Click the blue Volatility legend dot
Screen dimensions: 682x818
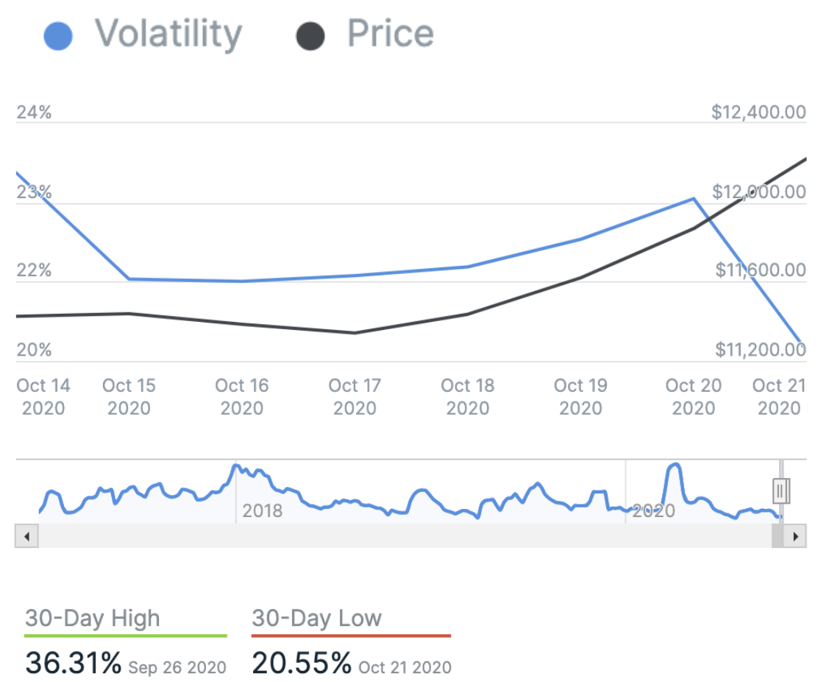pos(58,36)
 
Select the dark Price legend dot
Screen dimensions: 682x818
pos(310,36)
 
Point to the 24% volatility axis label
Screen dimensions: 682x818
pos(34,113)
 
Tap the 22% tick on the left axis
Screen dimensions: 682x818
pos(34,270)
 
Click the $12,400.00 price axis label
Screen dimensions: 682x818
pos(758,113)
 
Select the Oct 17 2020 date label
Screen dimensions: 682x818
pos(355,396)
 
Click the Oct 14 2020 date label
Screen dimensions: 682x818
pos(43,396)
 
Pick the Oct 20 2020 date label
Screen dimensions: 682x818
pos(693,396)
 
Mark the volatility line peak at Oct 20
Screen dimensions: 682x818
pos(693,199)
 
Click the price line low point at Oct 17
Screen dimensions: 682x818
pos(355,333)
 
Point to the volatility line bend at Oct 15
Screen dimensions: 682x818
pos(129,279)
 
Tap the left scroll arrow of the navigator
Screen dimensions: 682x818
pos(26,536)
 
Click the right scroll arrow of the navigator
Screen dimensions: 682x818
pos(794,536)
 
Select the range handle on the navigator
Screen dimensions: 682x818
pos(781,490)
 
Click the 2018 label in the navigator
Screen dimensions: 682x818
pos(262,510)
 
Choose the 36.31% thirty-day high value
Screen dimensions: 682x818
pos(74,664)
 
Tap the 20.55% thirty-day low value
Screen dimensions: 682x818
pos(302,664)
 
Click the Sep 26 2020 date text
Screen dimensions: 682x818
pos(177,668)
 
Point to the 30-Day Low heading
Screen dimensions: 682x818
pos(316,618)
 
